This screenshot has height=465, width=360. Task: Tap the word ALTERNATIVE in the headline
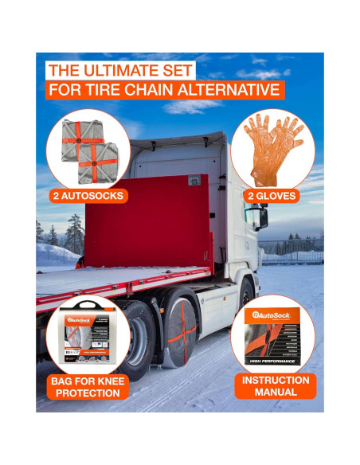pos(230,88)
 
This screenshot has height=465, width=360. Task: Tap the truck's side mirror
pos(259,217)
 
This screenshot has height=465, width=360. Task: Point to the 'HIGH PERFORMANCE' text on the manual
pos(269,359)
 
